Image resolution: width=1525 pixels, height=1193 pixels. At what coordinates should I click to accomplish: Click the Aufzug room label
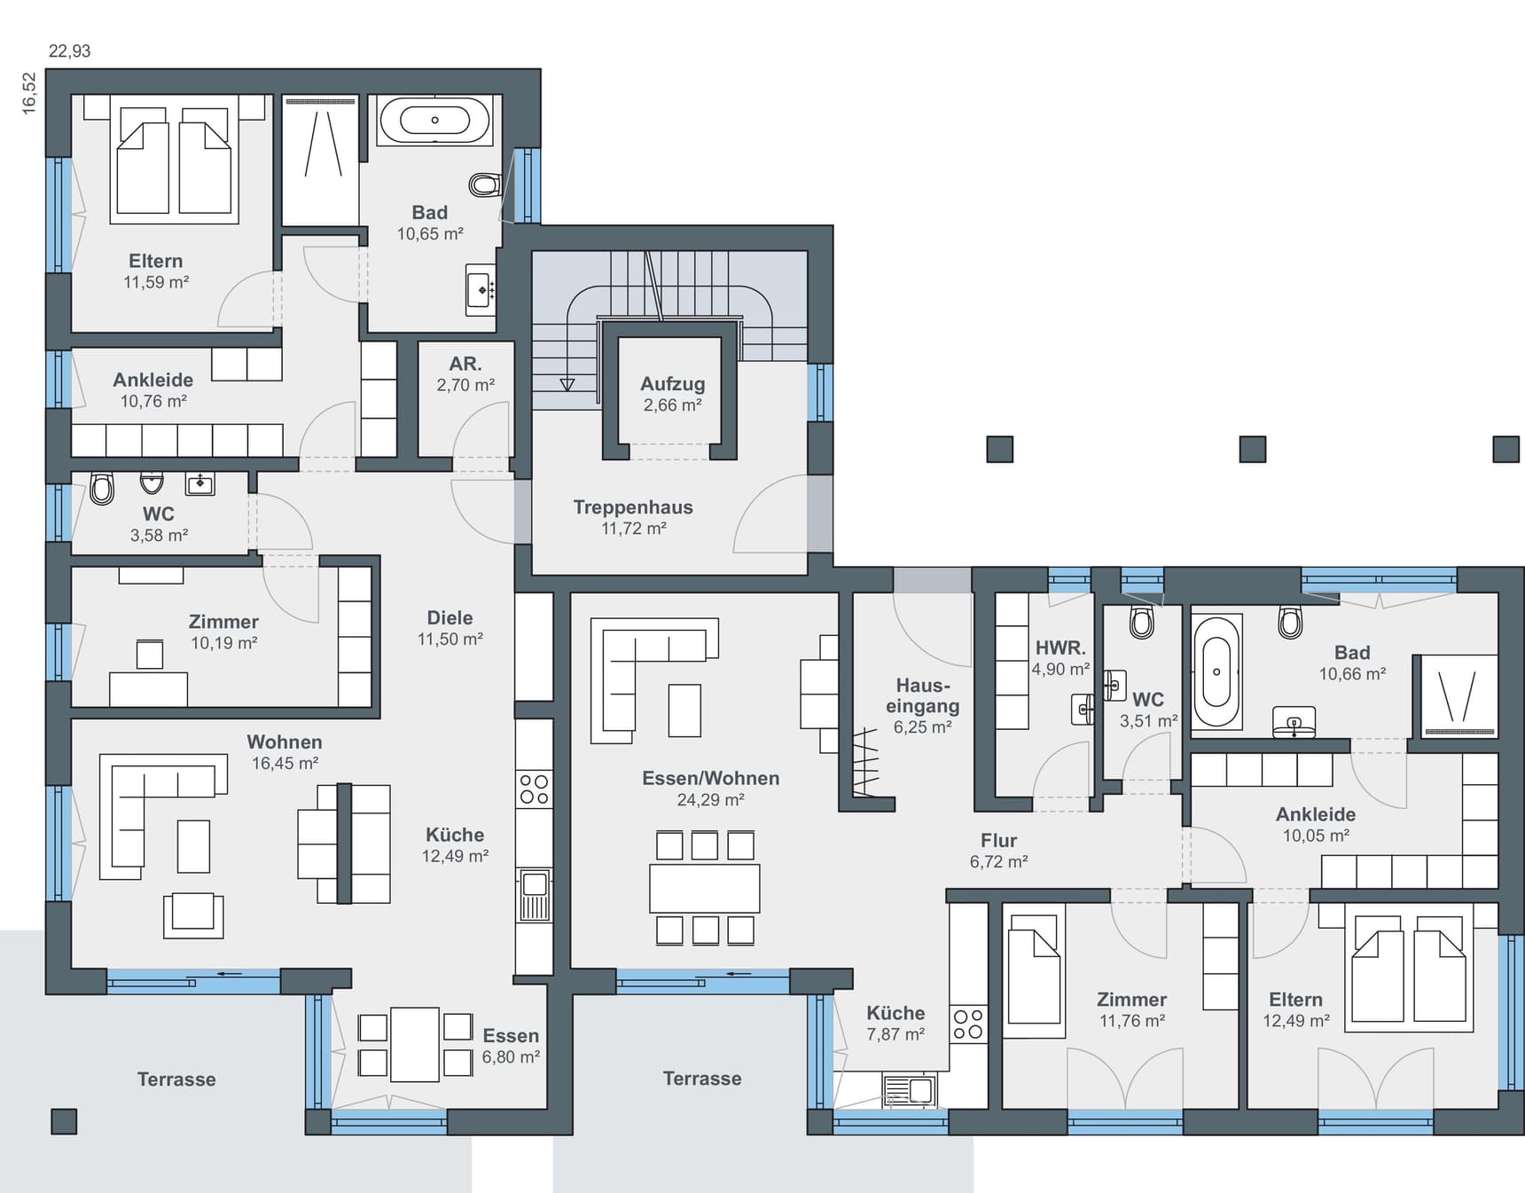pos(673,384)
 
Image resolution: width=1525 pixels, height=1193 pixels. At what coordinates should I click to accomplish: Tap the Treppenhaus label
pos(633,507)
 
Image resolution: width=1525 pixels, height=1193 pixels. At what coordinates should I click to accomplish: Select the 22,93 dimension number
pos(69,51)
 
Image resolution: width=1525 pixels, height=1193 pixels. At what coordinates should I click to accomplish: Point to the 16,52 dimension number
pos(29,93)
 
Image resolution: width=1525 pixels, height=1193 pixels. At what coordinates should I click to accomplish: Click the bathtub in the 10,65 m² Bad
pos(434,120)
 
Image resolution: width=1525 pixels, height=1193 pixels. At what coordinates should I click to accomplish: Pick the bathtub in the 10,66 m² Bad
pos(1216,672)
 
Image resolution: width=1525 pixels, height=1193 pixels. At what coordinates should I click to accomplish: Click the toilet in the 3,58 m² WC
pos(102,488)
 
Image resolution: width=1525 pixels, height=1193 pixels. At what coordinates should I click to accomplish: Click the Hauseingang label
pos(922,695)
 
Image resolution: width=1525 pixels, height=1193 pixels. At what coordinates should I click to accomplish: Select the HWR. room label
pos(1060,648)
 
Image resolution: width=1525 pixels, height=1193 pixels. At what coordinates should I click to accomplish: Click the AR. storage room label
pos(465,364)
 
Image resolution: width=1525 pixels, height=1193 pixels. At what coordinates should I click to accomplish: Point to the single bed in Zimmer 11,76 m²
pos(1035,976)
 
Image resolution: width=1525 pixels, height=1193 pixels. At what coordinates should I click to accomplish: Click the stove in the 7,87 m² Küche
pos(968,1024)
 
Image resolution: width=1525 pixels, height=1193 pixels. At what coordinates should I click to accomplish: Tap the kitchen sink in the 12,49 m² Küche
pos(535,895)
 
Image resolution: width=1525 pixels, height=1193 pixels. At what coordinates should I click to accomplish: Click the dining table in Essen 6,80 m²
pos(415,1044)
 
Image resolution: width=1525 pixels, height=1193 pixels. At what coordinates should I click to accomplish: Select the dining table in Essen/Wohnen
pos(705,888)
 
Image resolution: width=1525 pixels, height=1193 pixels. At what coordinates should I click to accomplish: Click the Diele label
pos(450,618)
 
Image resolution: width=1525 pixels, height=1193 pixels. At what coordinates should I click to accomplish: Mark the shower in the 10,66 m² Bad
pos(1459,696)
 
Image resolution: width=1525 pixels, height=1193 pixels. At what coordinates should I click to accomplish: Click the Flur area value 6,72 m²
pos(998,861)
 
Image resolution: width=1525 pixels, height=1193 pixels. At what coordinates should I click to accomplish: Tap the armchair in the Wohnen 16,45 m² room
pos(193,914)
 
